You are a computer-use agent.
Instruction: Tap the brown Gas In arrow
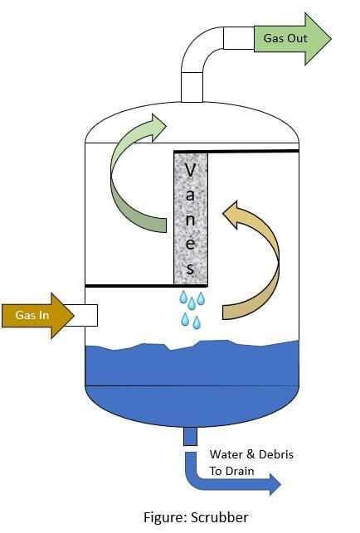pyautogui.click(x=38, y=316)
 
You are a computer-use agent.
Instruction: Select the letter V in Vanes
pyautogui.click(x=190, y=170)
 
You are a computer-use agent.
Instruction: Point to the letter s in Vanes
pyautogui.click(x=190, y=268)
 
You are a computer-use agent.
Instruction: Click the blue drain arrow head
pyautogui.click(x=275, y=484)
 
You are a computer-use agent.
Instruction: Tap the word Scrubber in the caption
pyautogui.click(x=220, y=517)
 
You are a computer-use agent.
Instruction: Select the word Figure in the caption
pyautogui.click(x=165, y=518)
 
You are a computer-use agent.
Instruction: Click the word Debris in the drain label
pyautogui.click(x=276, y=454)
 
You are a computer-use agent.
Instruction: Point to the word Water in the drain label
pyautogui.click(x=226, y=454)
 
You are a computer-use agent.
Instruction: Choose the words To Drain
pyautogui.click(x=231, y=471)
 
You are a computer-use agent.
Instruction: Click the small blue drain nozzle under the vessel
pyautogui.click(x=190, y=437)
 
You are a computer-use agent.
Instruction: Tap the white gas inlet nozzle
pyautogui.click(x=85, y=316)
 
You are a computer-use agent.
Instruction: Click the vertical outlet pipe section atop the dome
pyautogui.click(x=192, y=87)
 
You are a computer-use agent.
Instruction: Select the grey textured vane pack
pyautogui.click(x=191, y=218)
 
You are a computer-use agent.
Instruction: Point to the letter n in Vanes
pyautogui.click(x=190, y=220)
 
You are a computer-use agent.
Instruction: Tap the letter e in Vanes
pyautogui.click(x=190, y=244)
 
